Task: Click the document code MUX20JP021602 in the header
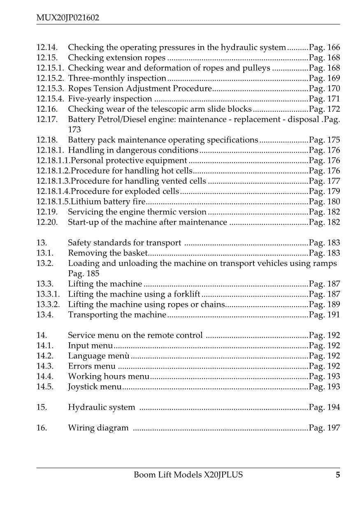[68, 18]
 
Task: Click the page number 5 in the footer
[338, 475]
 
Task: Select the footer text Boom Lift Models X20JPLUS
[188, 475]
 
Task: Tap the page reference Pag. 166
[325, 48]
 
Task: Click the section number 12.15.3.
[50, 89]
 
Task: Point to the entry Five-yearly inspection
[110, 99]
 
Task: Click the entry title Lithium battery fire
[108, 202]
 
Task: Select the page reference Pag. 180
[325, 202]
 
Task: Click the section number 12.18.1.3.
[53, 181]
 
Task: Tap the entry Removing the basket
[107, 253]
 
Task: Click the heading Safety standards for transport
[124, 243]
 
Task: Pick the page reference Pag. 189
[325, 305]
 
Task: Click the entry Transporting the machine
[117, 315]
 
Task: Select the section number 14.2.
[44, 356]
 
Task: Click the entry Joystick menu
[95, 387]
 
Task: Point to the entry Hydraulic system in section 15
[101, 408]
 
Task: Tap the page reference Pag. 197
[325, 428]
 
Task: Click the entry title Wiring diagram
[98, 428]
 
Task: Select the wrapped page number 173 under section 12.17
[74, 130]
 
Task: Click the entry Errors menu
[92, 366]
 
